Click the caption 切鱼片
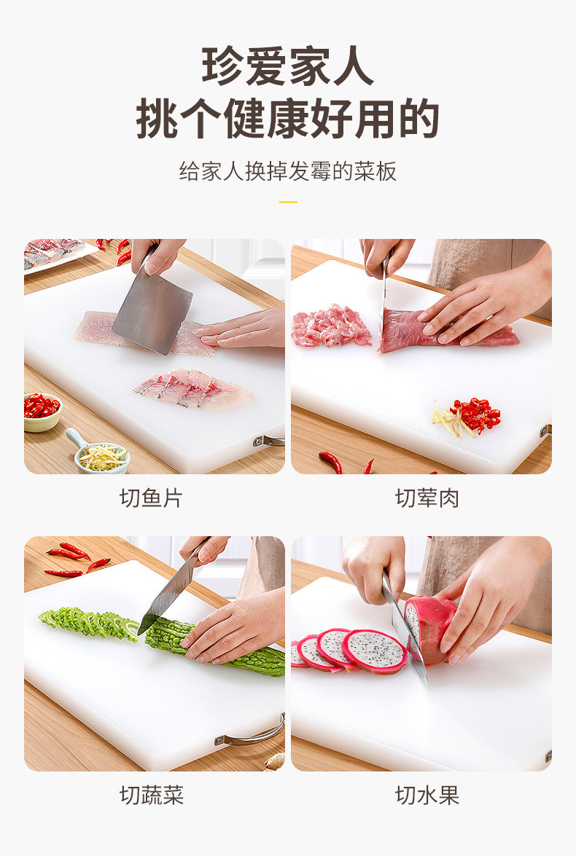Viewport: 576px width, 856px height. [x=151, y=498]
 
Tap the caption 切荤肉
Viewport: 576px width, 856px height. [x=427, y=498]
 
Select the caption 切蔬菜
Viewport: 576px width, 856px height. [x=152, y=795]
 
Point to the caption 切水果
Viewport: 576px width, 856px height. [x=427, y=795]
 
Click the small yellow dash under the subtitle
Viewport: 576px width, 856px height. [x=288, y=202]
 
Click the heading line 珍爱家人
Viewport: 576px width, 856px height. [x=288, y=66]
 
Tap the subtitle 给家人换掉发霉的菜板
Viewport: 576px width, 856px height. [x=288, y=171]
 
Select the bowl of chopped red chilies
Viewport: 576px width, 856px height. [x=42, y=412]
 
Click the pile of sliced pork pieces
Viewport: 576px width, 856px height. [x=330, y=326]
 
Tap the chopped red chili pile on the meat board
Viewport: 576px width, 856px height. [x=475, y=415]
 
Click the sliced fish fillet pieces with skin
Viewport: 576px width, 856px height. [x=193, y=388]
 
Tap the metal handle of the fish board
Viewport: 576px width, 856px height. [x=268, y=440]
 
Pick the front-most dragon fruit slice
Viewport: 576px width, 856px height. [x=374, y=651]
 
